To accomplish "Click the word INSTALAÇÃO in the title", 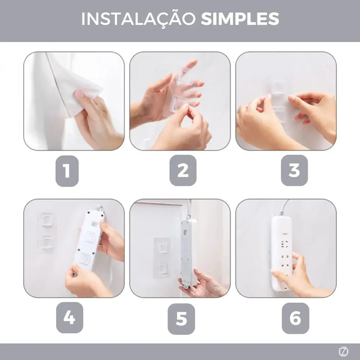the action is [x=139, y=19].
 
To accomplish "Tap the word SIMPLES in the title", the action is [x=240, y=19].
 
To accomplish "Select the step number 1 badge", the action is [x=67, y=171].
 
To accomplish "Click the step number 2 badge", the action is [x=183, y=170].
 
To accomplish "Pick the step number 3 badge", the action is [x=294, y=170].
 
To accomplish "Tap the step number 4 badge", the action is [x=69, y=318].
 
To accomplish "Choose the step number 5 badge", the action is [x=181, y=319].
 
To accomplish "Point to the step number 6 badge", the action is [x=296, y=318].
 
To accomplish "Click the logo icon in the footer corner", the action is [x=343, y=351].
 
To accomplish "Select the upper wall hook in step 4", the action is [x=46, y=220].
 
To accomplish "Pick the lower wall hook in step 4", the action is [x=46, y=243].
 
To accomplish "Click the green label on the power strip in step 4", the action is [x=94, y=224].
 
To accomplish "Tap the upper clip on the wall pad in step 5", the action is [x=163, y=247].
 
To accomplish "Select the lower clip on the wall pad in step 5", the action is [x=163, y=267].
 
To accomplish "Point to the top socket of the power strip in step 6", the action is [x=284, y=244].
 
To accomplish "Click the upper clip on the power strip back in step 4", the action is [x=90, y=237].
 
